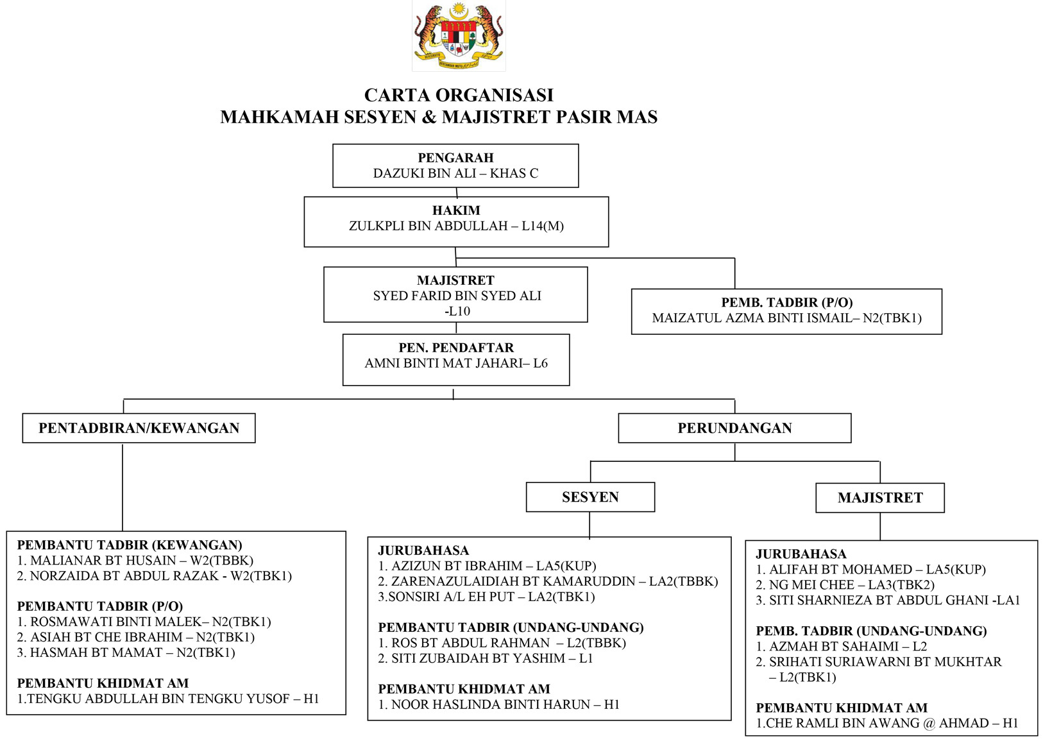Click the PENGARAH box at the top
click(x=455, y=166)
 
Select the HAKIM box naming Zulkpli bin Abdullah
click(x=456, y=221)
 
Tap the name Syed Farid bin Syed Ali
click(x=457, y=296)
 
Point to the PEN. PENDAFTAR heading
click(x=456, y=348)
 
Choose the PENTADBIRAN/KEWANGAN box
click(x=139, y=428)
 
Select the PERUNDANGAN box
click(x=734, y=428)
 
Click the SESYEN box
click(x=590, y=497)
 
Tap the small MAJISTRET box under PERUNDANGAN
click(x=879, y=498)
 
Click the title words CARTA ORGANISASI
click(x=459, y=96)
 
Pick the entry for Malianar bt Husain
click(x=135, y=561)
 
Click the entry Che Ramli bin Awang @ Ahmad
click(x=887, y=724)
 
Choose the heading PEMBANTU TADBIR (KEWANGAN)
click(x=130, y=545)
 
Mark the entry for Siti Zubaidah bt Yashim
click(x=486, y=659)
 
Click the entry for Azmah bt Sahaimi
click(x=841, y=647)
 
